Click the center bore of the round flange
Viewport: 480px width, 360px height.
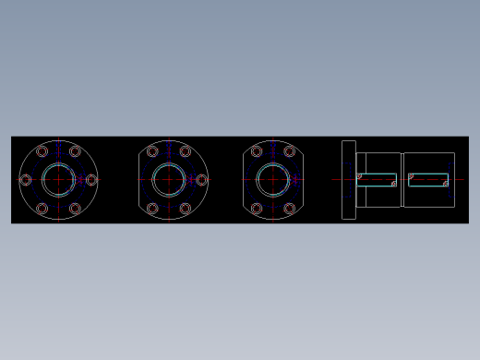tap(58, 180)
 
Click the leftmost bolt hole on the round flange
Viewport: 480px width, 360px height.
tap(26, 180)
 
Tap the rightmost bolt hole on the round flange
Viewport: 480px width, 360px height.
tap(91, 180)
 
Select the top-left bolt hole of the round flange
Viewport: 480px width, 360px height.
tap(42, 151)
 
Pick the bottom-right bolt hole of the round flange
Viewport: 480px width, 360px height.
tap(75, 209)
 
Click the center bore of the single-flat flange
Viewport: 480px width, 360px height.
tap(169, 180)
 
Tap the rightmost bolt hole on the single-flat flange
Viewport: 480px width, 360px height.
tap(201, 180)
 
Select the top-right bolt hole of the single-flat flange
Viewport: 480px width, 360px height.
tap(186, 151)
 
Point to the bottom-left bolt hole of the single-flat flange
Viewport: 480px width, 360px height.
tap(152, 209)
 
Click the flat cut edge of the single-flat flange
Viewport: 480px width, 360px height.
tap(139, 180)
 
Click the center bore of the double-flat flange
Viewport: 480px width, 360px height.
tap(273, 180)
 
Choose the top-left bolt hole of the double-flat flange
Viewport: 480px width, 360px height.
tap(257, 151)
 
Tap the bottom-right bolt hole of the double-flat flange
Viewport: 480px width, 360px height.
tap(290, 209)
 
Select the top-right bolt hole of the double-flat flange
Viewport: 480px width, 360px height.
tap(290, 151)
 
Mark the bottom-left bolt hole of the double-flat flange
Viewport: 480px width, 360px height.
tap(257, 209)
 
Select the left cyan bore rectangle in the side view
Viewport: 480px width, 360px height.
tap(377, 180)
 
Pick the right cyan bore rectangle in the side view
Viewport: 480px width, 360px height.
tap(428, 180)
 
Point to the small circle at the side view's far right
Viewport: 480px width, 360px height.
tap(446, 184)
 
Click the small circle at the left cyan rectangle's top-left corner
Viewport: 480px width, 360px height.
tap(359, 175)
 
